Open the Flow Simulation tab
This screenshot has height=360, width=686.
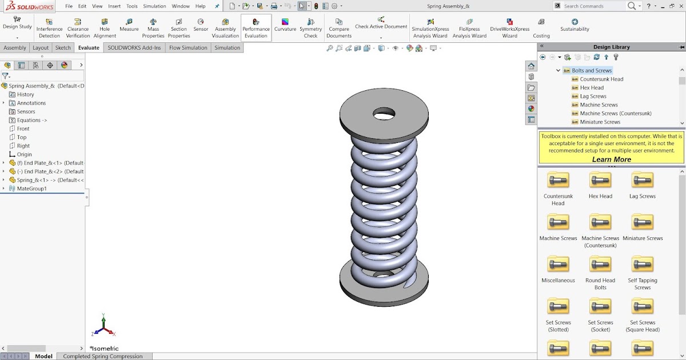188,48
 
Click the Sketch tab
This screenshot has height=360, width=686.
63,48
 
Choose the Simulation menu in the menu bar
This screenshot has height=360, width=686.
154,6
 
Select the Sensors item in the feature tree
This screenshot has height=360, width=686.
26,111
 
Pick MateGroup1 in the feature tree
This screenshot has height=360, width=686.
31,189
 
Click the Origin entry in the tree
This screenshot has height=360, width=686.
24,154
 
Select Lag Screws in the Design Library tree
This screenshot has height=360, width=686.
593,96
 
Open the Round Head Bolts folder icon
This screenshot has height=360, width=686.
600,265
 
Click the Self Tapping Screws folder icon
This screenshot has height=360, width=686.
643,265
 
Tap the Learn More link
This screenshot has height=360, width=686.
611,159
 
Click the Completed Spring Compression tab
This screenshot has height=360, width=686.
103,356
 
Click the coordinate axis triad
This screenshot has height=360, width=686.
103,326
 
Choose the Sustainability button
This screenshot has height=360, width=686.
575,25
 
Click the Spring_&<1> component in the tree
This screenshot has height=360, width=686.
46,180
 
